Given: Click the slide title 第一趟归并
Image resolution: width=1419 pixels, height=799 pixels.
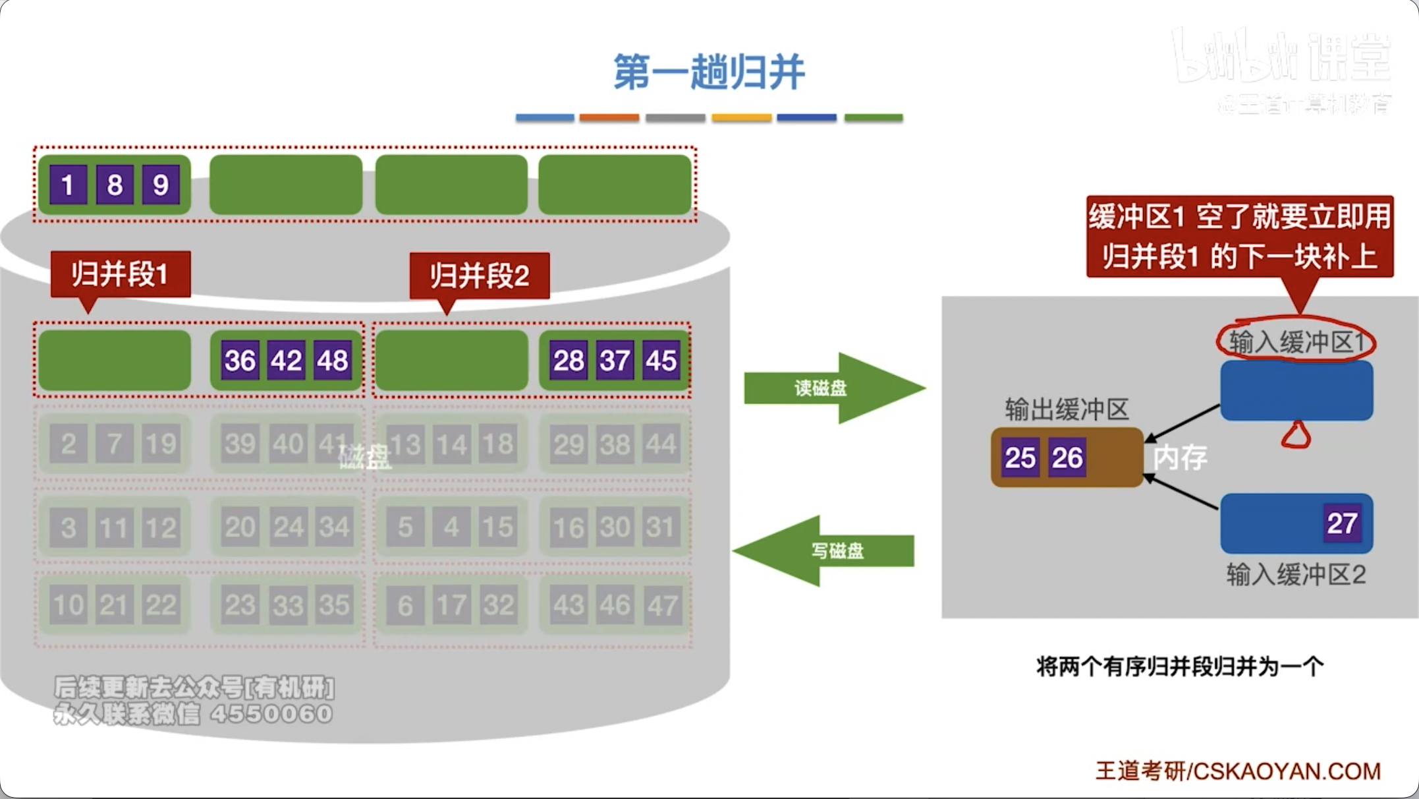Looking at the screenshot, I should pos(709,72).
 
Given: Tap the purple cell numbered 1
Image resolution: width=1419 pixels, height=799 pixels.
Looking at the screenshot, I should pos(68,185).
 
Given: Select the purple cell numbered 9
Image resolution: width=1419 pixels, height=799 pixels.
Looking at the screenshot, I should pos(161,185).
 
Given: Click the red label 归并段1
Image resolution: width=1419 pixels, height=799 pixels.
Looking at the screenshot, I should pos(120,274).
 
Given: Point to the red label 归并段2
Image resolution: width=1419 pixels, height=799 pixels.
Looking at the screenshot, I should pos(479,276).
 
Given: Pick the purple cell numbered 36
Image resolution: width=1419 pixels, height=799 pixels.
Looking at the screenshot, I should pos(240,361).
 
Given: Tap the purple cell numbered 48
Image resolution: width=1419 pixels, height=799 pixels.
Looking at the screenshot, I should pos(332,361).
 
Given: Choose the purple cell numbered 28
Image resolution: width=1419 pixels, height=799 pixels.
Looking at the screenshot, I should pos(569,361).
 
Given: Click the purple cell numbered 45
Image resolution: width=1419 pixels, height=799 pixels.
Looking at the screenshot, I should pos(661,361).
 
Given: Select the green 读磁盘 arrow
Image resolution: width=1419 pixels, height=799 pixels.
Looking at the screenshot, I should pos(830,388).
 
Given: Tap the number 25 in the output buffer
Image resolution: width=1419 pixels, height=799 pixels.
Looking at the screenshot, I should pos(1020,458).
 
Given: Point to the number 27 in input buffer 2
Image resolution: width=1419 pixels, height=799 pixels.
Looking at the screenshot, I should pos(1342,523).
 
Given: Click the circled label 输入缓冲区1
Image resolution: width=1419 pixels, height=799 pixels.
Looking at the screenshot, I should pos(1296,342).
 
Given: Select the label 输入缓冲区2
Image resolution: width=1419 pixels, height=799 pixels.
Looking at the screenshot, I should pos(1296,575).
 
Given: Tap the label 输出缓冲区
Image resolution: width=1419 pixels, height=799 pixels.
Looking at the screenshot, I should pos(1067,409).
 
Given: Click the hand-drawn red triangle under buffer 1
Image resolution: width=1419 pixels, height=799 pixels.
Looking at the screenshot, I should pos(1296,436).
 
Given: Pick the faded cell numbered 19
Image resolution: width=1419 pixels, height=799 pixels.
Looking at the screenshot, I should pos(161,444).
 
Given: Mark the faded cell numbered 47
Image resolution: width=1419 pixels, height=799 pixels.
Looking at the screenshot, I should pos(661,605).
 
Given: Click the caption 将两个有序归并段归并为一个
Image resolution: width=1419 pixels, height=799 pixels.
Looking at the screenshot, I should pos(1179,666).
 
